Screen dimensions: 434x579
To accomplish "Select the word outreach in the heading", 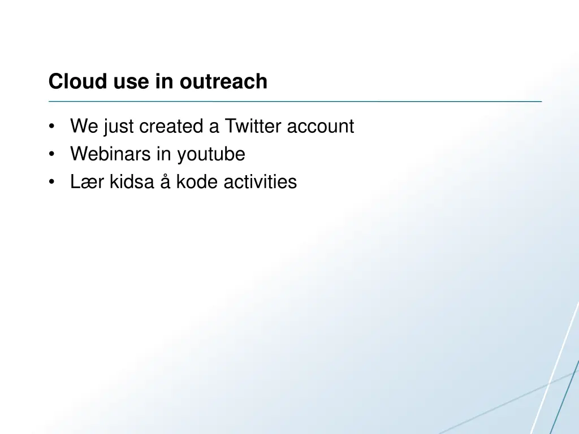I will (x=223, y=81).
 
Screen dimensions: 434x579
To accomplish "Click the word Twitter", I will (x=253, y=126).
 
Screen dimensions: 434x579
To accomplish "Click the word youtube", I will (x=211, y=154).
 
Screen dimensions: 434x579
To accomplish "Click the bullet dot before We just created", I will (x=52, y=127).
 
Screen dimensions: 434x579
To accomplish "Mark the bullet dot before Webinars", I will (x=52, y=154).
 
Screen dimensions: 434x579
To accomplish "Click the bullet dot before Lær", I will (x=52, y=183).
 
